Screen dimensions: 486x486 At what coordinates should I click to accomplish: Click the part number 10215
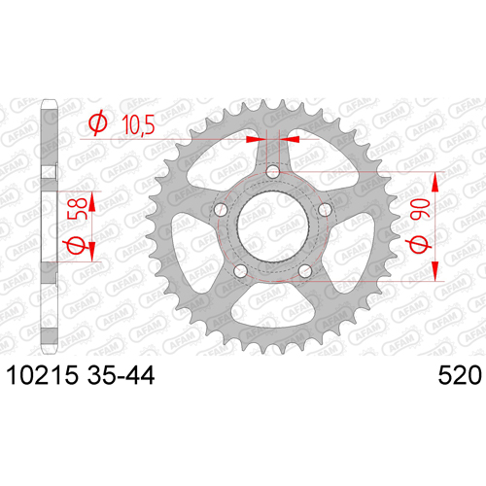point(43,375)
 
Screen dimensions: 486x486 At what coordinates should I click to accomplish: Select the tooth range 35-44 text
point(121,375)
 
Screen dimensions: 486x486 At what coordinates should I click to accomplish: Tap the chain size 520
point(460,375)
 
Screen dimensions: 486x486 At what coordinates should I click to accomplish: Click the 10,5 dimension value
point(138,124)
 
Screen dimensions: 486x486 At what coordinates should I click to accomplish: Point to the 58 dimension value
point(77,208)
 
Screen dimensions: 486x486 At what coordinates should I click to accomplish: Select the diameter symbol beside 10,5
point(98,122)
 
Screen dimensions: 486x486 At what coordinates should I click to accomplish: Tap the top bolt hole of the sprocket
point(273,171)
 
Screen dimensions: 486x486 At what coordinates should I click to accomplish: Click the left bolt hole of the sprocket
point(221,210)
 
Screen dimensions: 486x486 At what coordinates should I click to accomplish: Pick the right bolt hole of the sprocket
point(325,210)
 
